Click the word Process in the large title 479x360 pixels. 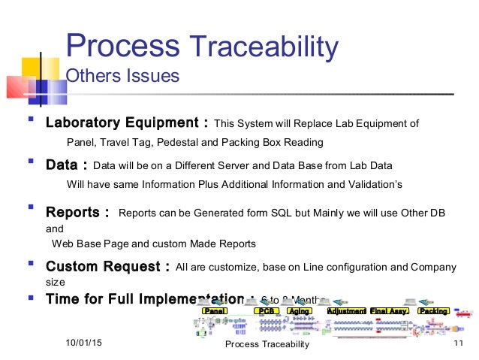click(122, 47)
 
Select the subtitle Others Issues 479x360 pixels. click(123, 76)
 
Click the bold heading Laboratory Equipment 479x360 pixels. click(127, 123)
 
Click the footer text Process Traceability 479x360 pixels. click(267, 344)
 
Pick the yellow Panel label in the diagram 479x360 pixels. click(215, 310)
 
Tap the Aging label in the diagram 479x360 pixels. click(299, 310)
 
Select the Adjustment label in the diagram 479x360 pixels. click(346, 310)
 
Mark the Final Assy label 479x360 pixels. click(389, 310)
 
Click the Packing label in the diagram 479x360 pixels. click(433, 310)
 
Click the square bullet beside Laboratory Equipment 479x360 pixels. click(31, 120)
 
